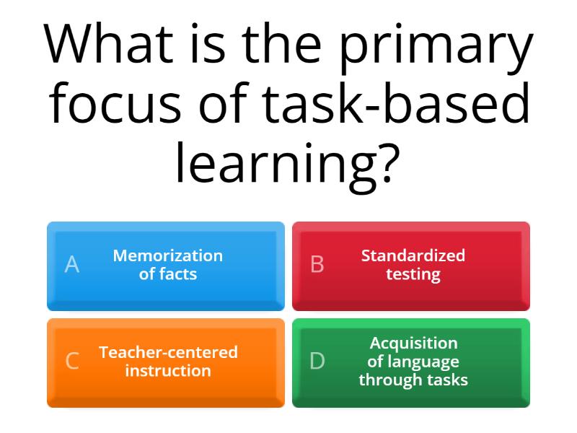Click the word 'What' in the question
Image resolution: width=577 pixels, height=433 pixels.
click(109, 45)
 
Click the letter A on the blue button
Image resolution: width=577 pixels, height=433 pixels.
click(71, 265)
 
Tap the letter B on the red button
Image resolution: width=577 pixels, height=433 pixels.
click(317, 265)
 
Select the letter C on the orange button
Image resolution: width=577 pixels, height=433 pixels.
click(71, 361)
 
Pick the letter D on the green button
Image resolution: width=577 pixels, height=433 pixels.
click(317, 361)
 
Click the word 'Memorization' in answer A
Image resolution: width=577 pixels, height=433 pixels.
click(168, 255)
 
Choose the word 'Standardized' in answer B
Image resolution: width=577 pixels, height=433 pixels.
click(413, 255)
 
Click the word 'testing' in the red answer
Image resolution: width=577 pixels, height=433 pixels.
click(413, 275)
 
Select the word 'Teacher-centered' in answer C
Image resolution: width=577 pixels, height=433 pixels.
click(168, 352)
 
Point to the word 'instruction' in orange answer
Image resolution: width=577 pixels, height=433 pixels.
click(168, 371)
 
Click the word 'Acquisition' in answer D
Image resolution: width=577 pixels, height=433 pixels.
click(413, 343)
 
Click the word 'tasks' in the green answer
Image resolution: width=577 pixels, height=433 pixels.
click(446, 380)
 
